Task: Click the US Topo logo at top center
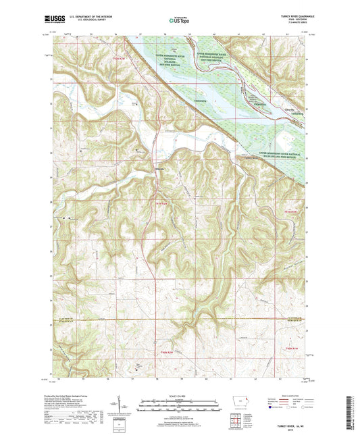(x=177, y=21)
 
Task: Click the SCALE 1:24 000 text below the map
(x=180, y=395)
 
